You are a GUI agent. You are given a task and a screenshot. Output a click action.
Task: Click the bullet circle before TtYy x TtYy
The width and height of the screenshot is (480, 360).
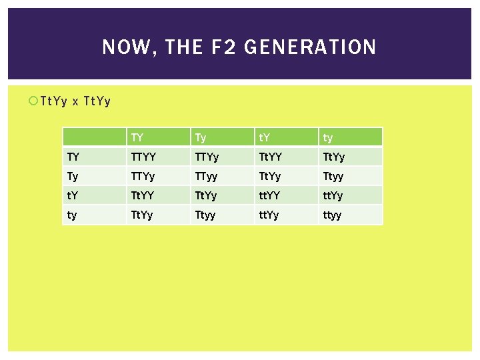[33, 101]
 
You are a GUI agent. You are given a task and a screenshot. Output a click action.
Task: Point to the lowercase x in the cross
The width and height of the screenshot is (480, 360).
[75, 101]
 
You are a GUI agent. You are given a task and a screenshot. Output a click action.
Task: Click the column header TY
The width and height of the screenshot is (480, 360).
[138, 138]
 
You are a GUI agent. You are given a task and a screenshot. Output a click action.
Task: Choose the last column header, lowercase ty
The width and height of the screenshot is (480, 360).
[329, 138]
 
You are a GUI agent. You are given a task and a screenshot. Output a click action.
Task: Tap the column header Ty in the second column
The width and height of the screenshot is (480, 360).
[201, 138]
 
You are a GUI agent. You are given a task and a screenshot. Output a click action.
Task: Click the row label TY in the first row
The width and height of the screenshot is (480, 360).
[74, 157]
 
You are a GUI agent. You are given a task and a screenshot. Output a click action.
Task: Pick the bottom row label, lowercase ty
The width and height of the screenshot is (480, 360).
[73, 215]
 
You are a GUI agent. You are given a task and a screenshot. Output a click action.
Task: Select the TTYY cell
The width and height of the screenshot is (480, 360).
[144, 157]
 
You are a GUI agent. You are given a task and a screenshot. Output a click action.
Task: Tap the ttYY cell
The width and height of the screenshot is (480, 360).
[271, 196]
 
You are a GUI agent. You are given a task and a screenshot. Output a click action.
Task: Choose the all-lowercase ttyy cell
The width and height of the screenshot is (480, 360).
[333, 215]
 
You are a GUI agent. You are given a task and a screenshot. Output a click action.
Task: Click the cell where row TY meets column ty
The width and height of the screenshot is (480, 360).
[334, 157]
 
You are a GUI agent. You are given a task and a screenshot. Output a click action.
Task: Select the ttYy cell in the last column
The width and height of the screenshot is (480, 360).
[334, 196]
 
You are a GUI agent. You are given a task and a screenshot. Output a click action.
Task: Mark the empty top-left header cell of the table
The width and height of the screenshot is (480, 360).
[94, 137]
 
